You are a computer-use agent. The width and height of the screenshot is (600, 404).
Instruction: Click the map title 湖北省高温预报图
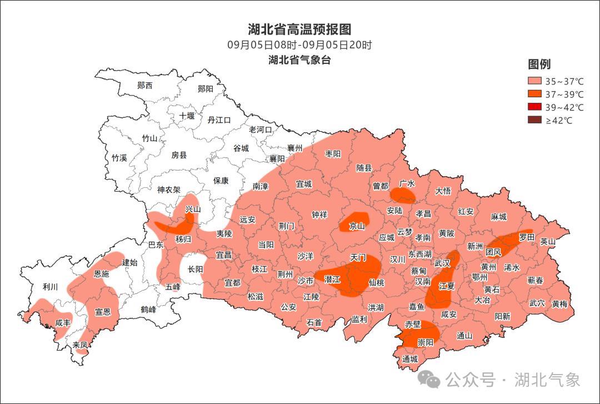[x=299, y=29]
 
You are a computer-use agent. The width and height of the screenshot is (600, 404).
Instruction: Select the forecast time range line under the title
[x=299, y=45]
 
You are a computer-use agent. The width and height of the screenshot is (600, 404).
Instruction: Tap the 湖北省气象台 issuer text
[x=299, y=60]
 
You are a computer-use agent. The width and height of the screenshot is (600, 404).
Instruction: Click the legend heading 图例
[x=539, y=64]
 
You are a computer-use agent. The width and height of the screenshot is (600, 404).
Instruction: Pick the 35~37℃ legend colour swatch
[x=534, y=81]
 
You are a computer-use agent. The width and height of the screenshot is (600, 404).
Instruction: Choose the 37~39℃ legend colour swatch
[x=534, y=94]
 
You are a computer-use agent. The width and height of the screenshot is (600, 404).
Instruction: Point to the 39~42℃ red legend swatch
[x=534, y=107]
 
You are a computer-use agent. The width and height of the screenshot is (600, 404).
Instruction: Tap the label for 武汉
[x=442, y=263]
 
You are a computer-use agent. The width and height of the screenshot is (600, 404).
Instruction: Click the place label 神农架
[x=169, y=189]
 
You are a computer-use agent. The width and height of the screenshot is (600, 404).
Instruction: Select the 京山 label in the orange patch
[x=357, y=226]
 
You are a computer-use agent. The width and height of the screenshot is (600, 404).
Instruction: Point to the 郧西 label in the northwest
[x=144, y=86]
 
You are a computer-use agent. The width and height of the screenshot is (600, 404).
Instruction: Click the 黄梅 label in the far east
[x=559, y=304]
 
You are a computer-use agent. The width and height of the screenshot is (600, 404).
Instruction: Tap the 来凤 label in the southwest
[x=80, y=345]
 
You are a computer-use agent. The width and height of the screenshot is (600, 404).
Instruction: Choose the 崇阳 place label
[x=426, y=342]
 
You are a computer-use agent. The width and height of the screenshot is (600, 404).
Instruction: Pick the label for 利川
[x=51, y=287]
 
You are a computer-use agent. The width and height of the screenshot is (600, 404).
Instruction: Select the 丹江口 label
[x=219, y=120]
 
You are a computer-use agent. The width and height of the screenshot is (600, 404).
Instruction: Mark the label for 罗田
[x=526, y=237]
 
